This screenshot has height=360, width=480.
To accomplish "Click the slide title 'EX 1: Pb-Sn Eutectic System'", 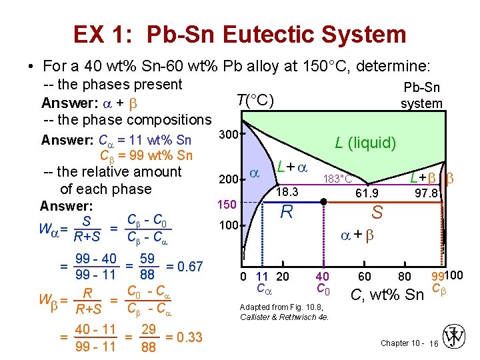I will click(239, 34).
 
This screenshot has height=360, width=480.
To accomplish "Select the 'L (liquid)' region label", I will click(365, 142).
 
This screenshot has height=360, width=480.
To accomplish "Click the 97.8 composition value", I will click(425, 193).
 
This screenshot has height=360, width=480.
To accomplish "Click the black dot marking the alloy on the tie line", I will click(323, 201).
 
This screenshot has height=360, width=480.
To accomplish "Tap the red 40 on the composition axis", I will click(323, 276).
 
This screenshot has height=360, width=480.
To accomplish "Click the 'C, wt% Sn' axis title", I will click(387, 293).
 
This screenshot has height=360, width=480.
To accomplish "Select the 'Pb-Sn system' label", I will click(421, 95).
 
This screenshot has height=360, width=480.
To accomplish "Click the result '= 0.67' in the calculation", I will click(183, 266).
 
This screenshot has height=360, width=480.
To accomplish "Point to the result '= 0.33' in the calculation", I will click(183, 337).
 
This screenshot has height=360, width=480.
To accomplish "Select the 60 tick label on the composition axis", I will click(365, 276).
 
